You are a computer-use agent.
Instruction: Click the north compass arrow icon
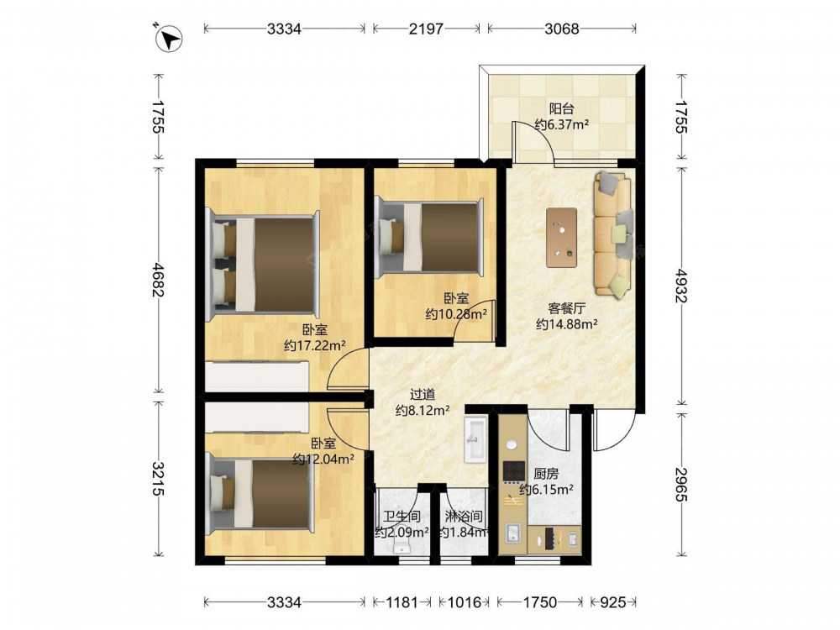pyautogui.click(x=169, y=38)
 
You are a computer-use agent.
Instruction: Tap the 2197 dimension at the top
pyautogui.click(x=426, y=29)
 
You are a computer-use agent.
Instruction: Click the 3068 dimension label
pyautogui.click(x=561, y=29)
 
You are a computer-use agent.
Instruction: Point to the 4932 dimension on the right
pyautogui.click(x=680, y=286)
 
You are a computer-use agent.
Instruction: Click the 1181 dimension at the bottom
pyautogui.click(x=402, y=602)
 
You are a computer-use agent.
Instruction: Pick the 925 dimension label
pyautogui.click(x=612, y=602)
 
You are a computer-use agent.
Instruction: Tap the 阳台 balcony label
pyautogui.click(x=561, y=108)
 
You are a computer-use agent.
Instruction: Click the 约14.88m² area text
pyautogui.click(x=566, y=323)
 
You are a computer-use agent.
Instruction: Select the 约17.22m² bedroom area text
pyautogui.click(x=314, y=345)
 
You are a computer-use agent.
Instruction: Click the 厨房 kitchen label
pyautogui.click(x=546, y=474)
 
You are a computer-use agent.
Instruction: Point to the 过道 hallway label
pyautogui.click(x=423, y=395)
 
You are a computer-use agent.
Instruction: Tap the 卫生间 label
pyautogui.click(x=402, y=517)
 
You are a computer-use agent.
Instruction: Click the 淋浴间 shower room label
pyautogui.click(x=464, y=517)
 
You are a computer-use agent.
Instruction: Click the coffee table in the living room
pyautogui.click(x=561, y=238)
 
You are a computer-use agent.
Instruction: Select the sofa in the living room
pyautogui.click(x=613, y=234)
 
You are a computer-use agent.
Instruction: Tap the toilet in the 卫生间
pyautogui.click(x=401, y=546)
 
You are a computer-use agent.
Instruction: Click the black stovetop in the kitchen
pyautogui.click(x=514, y=471)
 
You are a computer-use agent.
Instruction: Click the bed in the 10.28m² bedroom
pyautogui.click(x=429, y=237)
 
